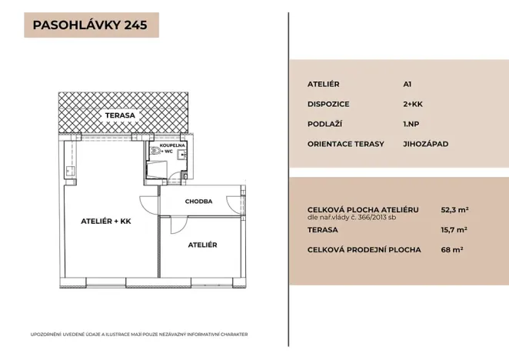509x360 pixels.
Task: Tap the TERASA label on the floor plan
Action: tap(120, 115)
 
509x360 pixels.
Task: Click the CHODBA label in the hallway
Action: tap(198, 202)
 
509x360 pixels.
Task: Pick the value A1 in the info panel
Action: tap(408, 83)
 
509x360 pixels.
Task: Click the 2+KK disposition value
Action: tap(413, 103)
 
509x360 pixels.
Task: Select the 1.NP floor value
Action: tap(411, 123)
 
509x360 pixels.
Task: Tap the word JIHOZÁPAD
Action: tap(425, 143)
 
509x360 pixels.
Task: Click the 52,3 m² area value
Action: tap(454, 208)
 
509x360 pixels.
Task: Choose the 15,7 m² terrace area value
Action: tap(454, 229)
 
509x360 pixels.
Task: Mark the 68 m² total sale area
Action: tap(451, 249)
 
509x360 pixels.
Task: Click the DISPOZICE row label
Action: tap(329, 103)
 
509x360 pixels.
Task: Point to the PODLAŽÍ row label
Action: tap(326, 123)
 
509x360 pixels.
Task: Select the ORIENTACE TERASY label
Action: tap(346, 143)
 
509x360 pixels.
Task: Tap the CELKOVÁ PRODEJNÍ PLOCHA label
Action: tap(364, 249)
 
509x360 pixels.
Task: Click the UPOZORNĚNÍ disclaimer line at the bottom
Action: tap(138, 334)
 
